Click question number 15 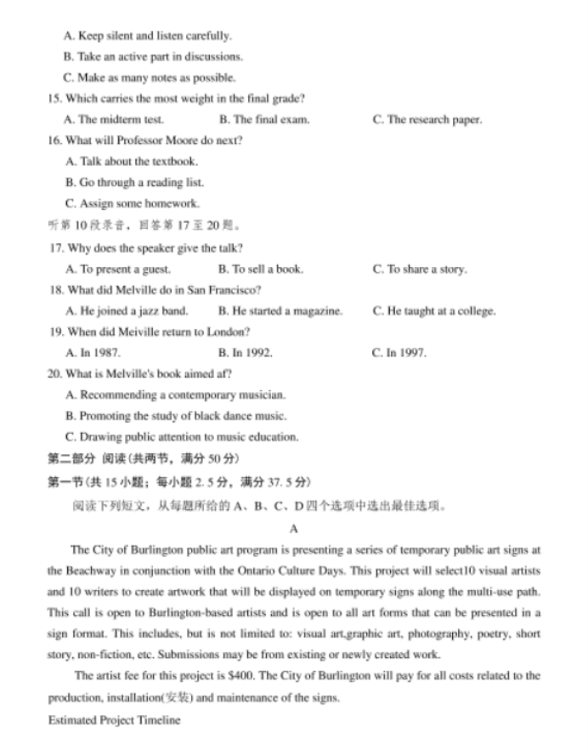[55, 99]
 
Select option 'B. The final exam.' [263, 120]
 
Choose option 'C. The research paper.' [427, 120]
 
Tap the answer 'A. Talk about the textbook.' [131, 162]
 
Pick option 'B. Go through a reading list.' [134, 182]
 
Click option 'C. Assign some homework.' [132, 203]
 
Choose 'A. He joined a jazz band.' [127, 311]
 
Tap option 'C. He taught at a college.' [433, 311]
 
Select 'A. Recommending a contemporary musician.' [175, 395]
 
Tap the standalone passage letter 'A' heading [294, 528]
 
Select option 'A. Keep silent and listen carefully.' [147, 36]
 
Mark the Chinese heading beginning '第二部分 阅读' [144, 459]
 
